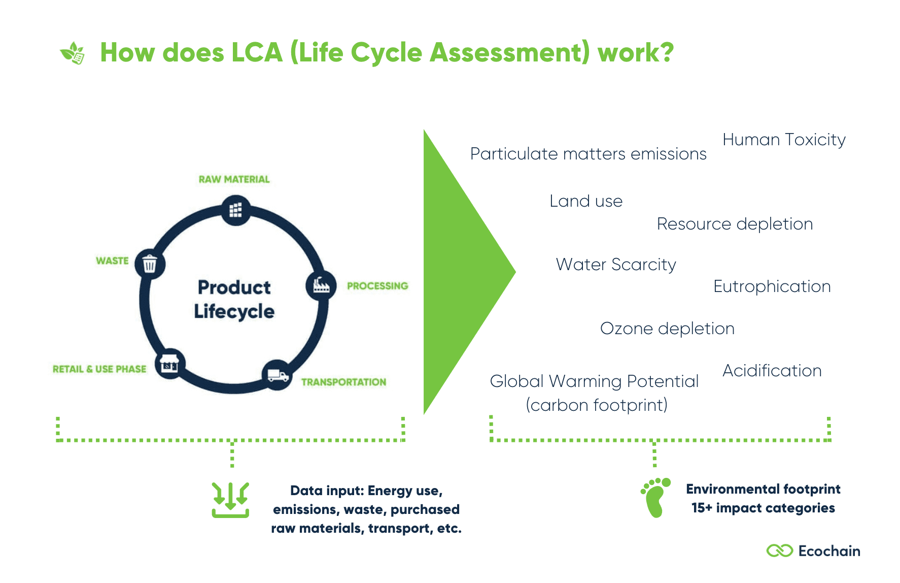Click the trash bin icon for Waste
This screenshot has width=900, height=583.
point(150,264)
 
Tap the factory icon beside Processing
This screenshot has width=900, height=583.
point(321,285)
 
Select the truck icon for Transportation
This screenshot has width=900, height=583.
point(278,375)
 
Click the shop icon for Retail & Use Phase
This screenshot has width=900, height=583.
point(169,364)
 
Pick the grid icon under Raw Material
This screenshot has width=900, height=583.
point(235,210)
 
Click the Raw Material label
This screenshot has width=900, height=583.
point(234,179)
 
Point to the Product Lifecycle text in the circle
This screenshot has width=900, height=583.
point(234,299)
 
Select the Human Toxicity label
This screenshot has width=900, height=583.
point(784,140)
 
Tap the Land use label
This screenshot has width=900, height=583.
point(586,201)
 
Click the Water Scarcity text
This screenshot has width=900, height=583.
point(616,265)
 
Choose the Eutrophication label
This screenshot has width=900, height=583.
point(772,286)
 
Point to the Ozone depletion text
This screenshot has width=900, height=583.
point(667,329)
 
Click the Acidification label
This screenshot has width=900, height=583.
point(772,371)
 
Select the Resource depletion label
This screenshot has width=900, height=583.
point(735,224)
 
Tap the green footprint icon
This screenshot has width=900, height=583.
point(655,498)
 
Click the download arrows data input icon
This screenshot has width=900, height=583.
point(230,500)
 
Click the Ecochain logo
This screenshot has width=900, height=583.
point(813,551)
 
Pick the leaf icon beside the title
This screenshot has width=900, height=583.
point(73,53)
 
